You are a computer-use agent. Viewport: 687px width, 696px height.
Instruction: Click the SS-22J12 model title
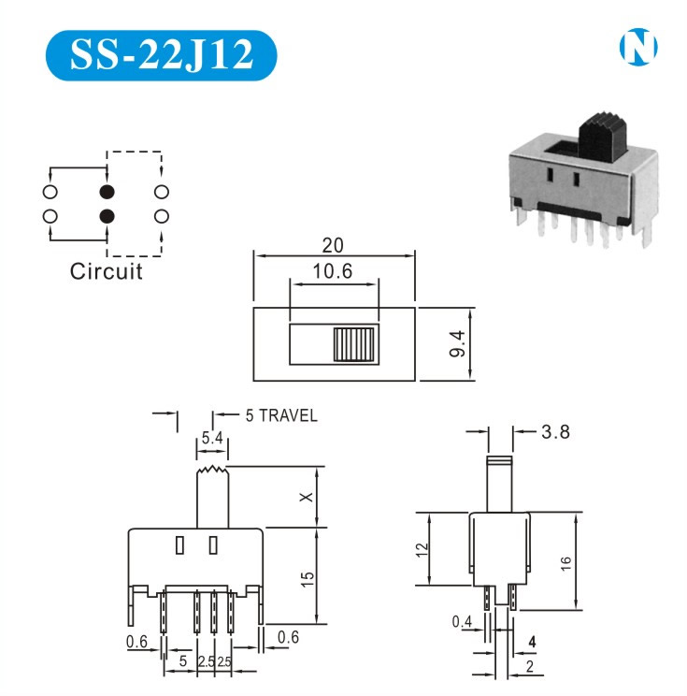coord(162,54)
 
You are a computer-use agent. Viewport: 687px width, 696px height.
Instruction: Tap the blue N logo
coord(638,47)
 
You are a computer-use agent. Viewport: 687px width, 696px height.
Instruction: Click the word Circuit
coord(107,271)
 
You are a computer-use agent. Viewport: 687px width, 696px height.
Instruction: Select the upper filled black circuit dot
coord(107,192)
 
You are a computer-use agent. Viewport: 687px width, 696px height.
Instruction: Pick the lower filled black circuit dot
coord(107,216)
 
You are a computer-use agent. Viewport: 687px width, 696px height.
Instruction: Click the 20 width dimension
coord(333,245)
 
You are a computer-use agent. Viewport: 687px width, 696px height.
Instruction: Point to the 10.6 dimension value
coord(333,271)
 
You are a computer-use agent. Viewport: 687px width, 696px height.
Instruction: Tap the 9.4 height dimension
coord(457,343)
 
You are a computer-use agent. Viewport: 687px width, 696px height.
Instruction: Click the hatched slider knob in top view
coord(354,344)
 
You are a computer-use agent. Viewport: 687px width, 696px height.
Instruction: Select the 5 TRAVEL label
coord(281,415)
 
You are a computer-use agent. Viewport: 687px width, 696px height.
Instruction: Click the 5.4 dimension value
coord(212,438)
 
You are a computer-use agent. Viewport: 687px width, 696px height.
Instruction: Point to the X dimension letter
coord(307,497)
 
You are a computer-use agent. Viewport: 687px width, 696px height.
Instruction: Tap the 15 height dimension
coord(308,579)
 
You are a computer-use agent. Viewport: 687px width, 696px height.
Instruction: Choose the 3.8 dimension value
coord(556,431)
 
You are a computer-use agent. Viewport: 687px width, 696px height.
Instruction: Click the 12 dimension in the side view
coord(422,549)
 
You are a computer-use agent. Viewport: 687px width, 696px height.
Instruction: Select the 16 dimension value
coord(565,563)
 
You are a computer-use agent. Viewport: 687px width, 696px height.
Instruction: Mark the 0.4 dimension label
coord(462,622)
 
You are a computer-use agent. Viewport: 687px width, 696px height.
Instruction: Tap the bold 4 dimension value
coord(532,642)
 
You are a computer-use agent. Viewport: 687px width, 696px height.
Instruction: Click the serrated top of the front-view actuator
coord(213,470)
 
